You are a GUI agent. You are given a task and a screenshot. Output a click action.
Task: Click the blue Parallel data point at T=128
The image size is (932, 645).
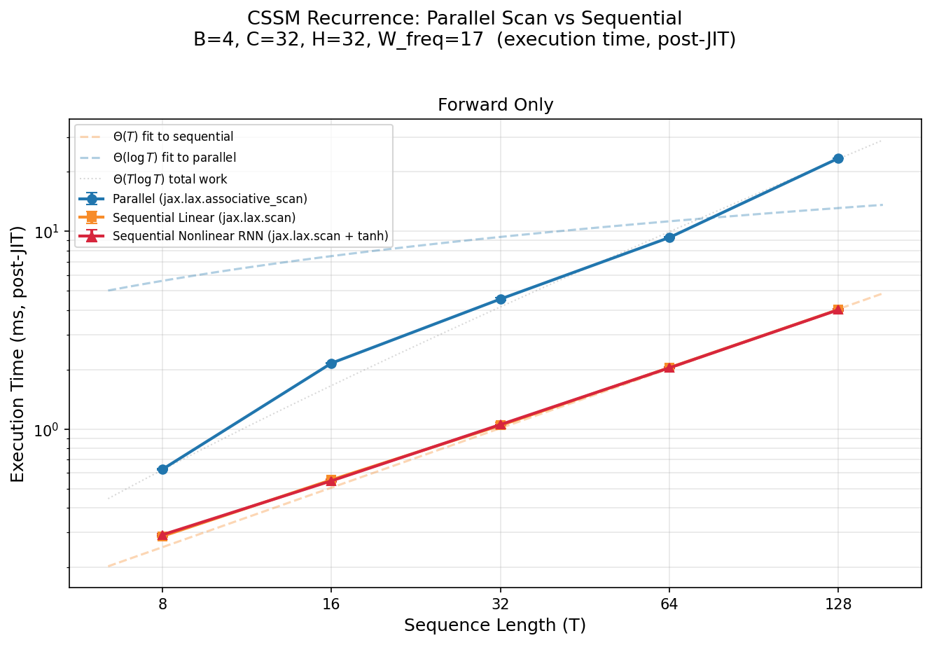(x=838, y=159)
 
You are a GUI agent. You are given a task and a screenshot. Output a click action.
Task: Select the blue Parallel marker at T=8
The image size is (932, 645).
(x=162, y=469)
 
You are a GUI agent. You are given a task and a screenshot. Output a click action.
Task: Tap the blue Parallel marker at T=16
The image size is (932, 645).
(x=331, y=363)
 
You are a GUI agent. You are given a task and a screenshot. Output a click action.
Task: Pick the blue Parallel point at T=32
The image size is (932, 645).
(x=501, y=299)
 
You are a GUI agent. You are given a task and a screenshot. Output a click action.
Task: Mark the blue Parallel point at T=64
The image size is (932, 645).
(x=669, y=237)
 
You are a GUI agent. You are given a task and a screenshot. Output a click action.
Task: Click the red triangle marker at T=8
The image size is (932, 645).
(x=162, y=535)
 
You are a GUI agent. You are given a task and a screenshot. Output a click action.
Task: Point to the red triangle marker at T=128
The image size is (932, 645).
(x=838, y=309)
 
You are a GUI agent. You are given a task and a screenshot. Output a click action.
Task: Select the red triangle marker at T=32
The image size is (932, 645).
(x=501, y=424)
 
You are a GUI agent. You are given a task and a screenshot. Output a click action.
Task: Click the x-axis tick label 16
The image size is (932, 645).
(x=331, y=602)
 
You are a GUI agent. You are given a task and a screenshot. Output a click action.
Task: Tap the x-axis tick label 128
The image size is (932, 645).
(x=838, y=602)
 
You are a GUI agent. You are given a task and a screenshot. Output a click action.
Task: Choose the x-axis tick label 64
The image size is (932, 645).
(x=669, y=602)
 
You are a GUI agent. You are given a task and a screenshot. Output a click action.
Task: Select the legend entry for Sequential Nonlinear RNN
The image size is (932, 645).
(x=250, y=237)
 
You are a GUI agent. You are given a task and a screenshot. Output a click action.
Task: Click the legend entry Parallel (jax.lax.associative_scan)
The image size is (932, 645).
(x=209, y=199)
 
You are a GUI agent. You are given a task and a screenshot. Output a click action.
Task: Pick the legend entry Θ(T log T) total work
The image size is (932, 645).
(x=169, y=180)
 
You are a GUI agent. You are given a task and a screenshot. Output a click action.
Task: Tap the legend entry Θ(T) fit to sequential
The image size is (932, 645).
(x=173, y=137)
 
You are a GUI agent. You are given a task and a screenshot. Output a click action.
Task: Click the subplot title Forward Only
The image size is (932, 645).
(x=495, y=105)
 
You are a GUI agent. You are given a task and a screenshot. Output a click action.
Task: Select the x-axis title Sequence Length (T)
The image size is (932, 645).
(x=495, y=625)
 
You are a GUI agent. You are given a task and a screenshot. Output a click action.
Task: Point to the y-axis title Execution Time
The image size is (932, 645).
(x=18, y=354)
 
